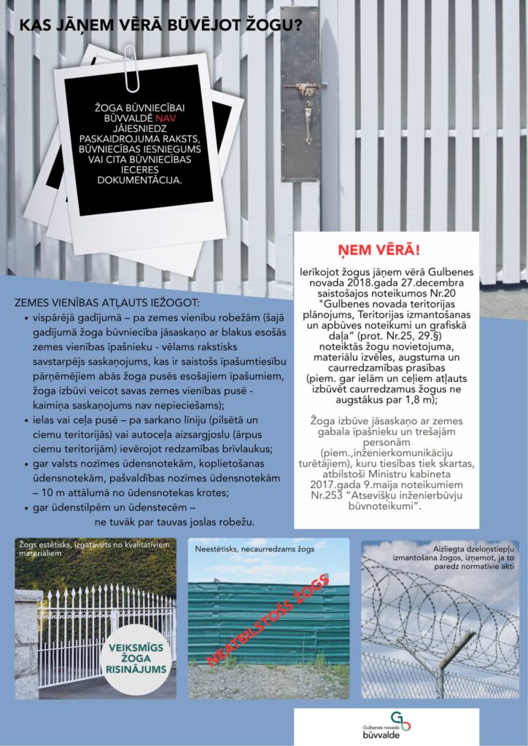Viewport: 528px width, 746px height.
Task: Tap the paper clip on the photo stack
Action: click(x=132, y=68)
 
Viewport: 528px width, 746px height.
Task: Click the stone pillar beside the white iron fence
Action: click(x=28, y=641)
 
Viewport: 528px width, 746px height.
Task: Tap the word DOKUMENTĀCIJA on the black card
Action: click(x=137, y=177)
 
